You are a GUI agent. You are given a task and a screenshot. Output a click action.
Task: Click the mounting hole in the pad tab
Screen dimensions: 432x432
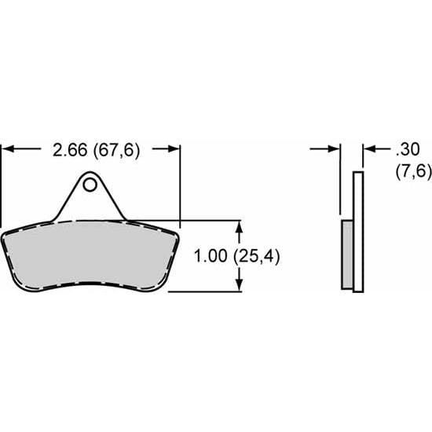[x=91, y=185]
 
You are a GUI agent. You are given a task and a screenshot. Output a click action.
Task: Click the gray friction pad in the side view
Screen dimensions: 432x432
[x=348, y=254]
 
